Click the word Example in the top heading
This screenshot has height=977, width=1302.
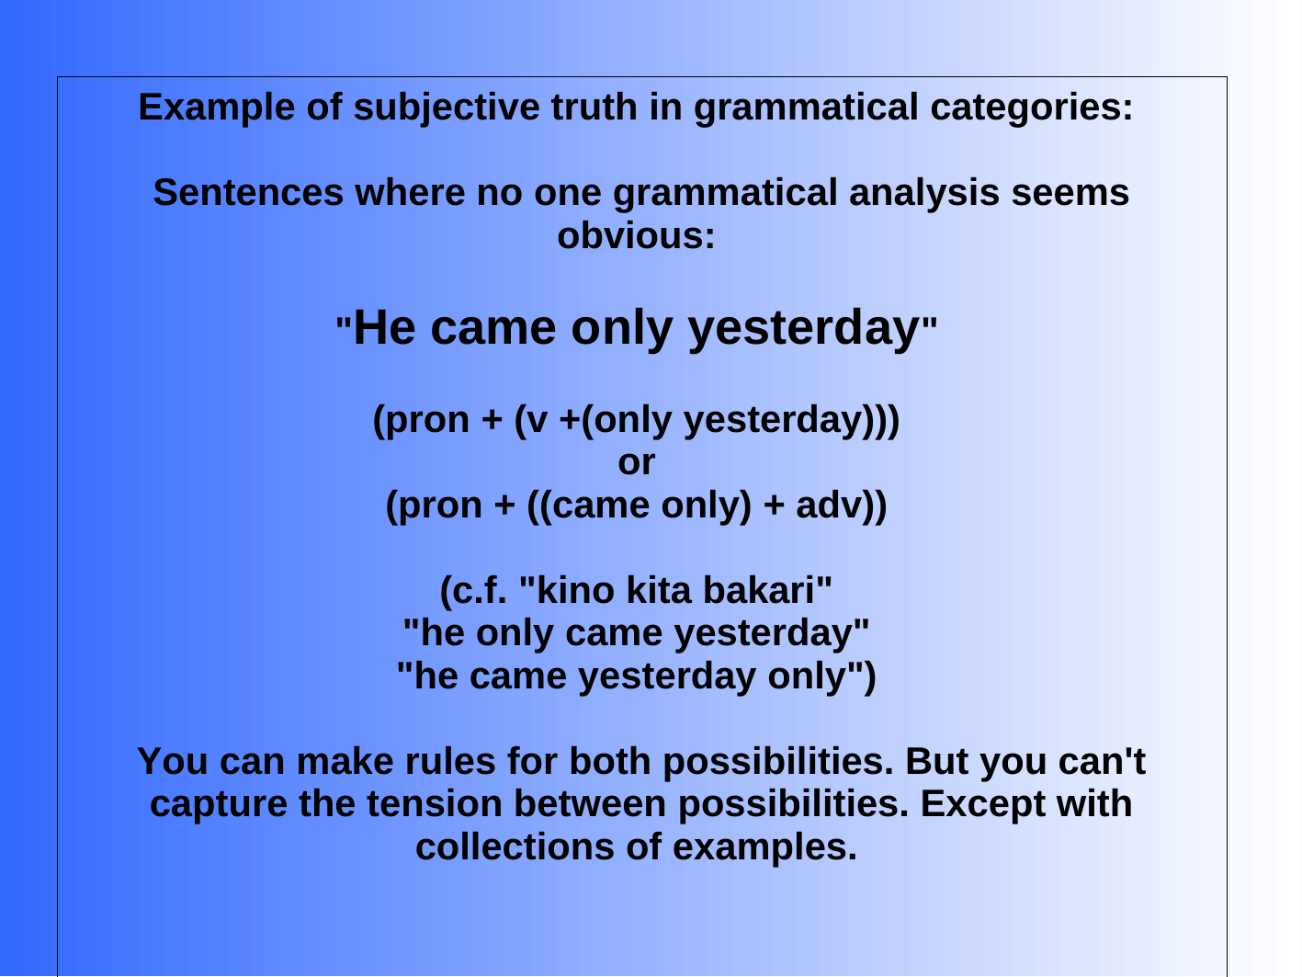[x=217, y=108]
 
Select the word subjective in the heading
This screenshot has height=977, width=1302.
[x=446, y=108]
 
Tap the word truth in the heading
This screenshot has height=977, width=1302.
[x=594, y=107]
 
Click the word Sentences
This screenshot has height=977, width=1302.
[x=248, y=193]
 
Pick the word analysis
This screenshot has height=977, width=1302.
[x=924, y=194]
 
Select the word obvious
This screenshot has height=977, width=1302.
[x=636, y=236]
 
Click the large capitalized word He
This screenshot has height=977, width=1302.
[x=384, y=327]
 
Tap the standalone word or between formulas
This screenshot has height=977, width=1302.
[x=636, y=462]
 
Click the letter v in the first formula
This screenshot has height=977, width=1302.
[x=538, y=421]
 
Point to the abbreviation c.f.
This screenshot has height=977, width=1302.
[x=480, y=591]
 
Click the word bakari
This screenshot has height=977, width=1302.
[x=759, y=591]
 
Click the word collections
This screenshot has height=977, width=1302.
[x=515, y=847]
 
